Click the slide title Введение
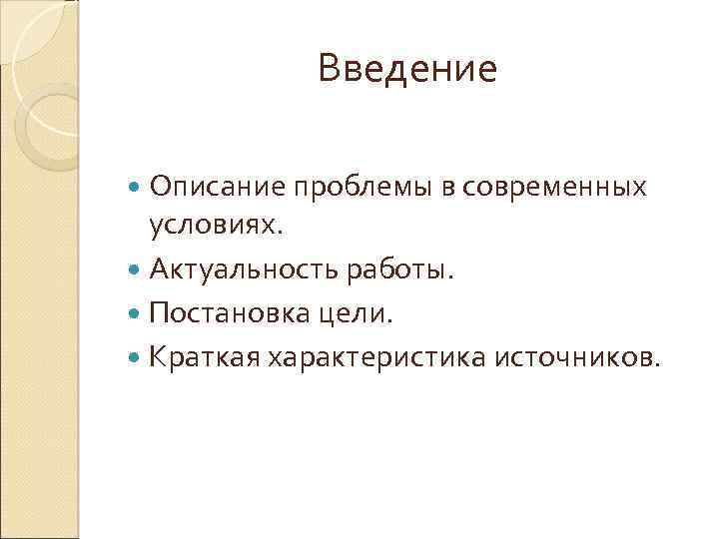pos(407,70)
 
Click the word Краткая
pos(203,357)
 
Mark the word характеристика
pos(375,357)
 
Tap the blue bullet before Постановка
pos(137,314)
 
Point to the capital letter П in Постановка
pos(159,314)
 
